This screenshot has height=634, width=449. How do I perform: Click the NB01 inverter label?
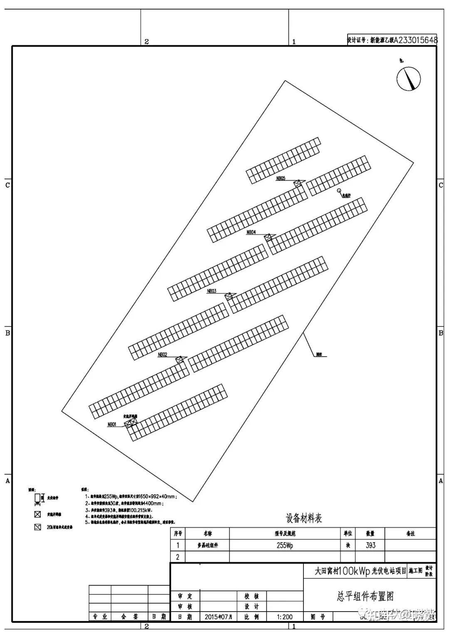pos(112,424)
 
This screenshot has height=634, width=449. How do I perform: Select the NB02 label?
pos(163,355)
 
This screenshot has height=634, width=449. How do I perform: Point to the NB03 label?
pos(212,291)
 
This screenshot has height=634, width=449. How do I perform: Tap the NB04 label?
pos(251,232)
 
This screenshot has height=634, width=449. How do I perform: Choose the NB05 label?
pos(281,179)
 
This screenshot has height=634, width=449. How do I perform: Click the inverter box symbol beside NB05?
pos(298,183)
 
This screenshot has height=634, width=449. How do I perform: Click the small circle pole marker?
pos(339,191)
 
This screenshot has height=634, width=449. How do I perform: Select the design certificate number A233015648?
pos(415,40)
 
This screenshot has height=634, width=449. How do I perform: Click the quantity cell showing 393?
pos(370,545)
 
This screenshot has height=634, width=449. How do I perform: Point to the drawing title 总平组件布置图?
pos(365,597)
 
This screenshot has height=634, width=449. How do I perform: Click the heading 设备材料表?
pos(304,518)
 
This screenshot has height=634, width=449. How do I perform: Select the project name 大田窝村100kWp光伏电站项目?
pos(360,571)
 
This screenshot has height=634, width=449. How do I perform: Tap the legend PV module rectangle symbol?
pos(37,497)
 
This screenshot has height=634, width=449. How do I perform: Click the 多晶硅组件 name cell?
pos(207,545)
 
